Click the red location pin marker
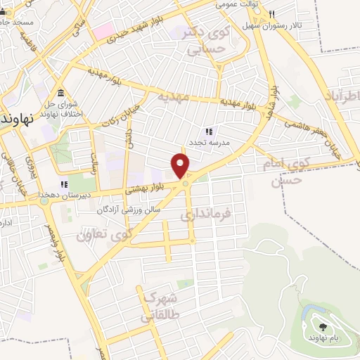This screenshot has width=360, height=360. [x=181, y=165]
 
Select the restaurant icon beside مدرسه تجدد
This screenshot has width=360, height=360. [x=207, y=131]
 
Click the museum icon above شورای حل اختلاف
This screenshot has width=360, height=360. [x=61, y=94]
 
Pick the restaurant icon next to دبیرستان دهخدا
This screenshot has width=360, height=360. [x=64, y=184]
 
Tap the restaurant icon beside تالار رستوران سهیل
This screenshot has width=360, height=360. [x=271, y=13]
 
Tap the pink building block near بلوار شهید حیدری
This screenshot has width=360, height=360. [x=104, y=30]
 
